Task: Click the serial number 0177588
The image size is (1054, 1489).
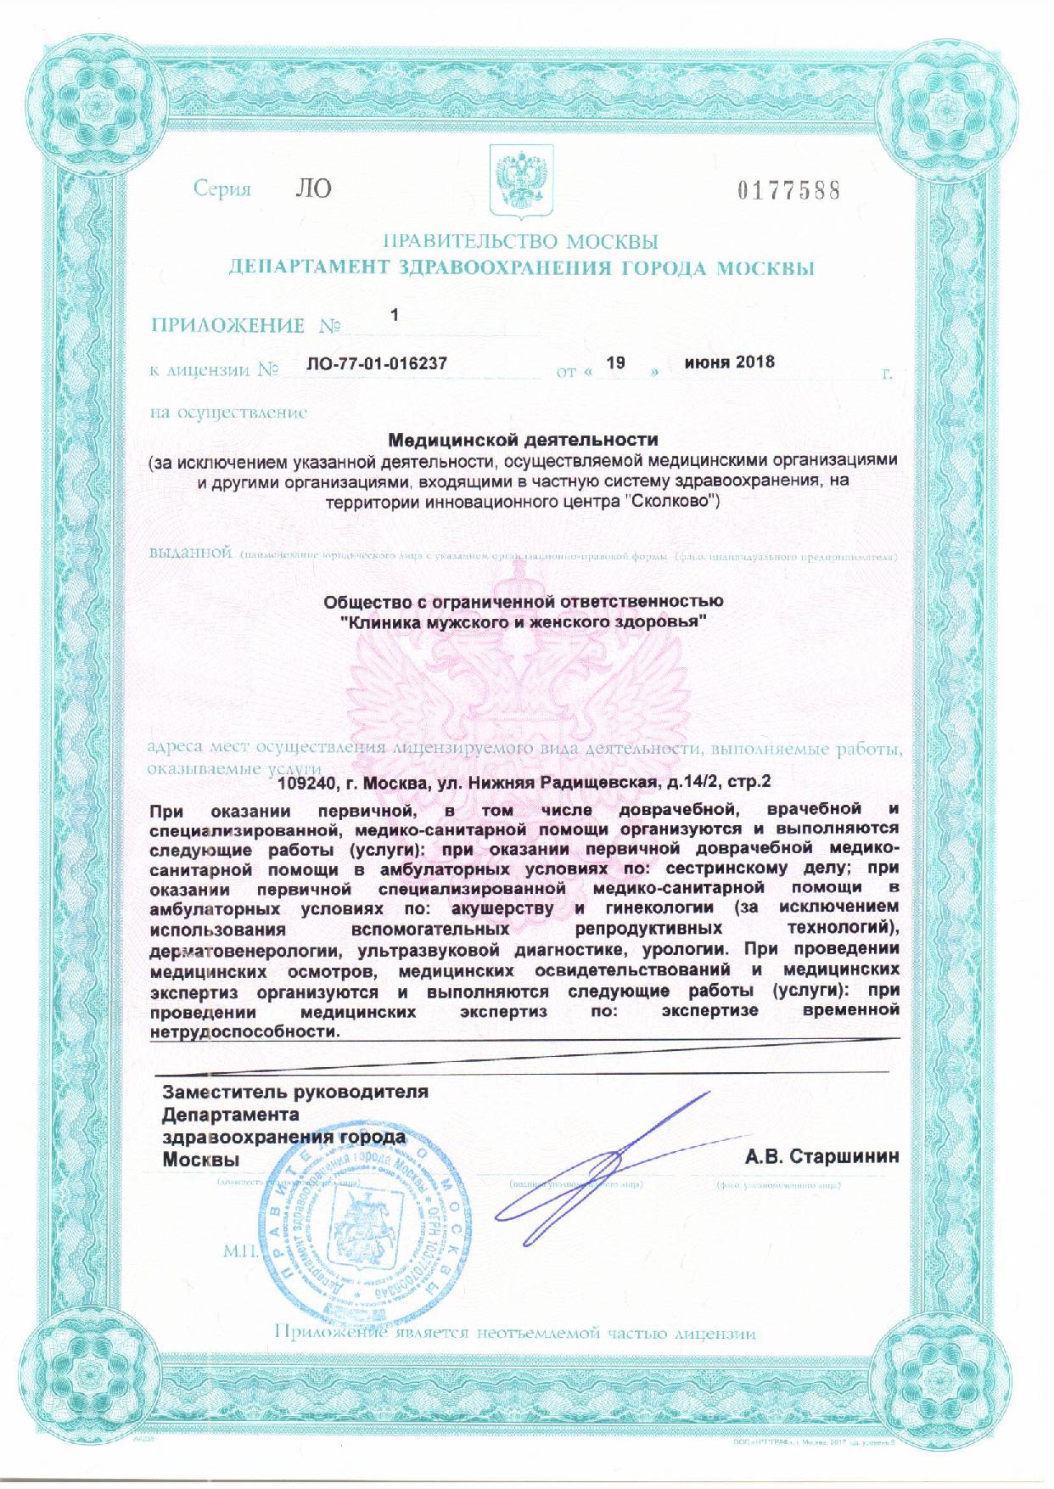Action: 788,189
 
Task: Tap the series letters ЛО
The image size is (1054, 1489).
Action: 313,188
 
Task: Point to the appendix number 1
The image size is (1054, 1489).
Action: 394,314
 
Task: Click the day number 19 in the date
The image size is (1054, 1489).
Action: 617,362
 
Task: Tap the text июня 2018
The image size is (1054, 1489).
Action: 729,362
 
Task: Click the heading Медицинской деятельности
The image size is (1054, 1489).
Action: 523,440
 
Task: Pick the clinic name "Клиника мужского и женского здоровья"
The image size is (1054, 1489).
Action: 523,622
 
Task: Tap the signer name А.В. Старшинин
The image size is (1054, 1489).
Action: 821,1157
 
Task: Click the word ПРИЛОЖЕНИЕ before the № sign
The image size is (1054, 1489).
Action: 227,325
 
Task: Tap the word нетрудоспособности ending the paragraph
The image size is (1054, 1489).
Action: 244,1031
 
